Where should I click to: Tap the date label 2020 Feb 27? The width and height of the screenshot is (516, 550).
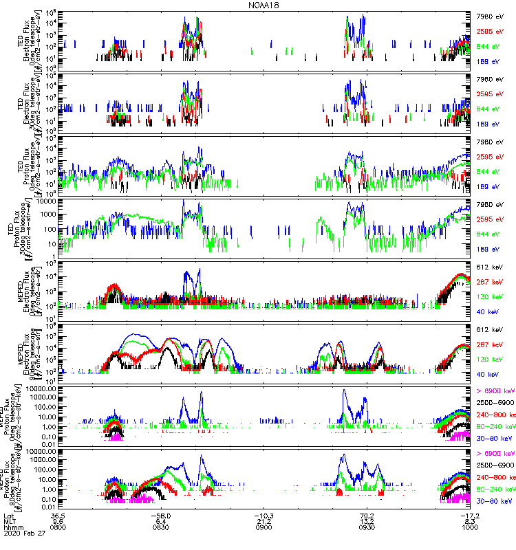point(23,533)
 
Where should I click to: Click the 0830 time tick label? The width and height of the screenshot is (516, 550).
point(162,527)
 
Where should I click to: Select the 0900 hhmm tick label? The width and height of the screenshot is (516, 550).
point(265,527)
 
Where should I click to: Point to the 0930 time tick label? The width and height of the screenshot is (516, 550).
point(367,527)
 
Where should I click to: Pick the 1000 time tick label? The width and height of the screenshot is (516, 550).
point(470,527)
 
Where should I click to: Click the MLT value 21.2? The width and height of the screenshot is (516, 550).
point(265,521)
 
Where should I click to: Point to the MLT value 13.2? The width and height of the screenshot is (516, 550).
point(367,521)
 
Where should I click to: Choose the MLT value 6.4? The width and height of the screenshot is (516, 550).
point(162,521)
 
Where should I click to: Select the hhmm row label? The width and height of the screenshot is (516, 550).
point(13,527)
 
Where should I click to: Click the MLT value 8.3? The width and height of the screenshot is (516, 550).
point(470,521)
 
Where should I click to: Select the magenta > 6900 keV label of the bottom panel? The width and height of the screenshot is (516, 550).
point(495,454)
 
